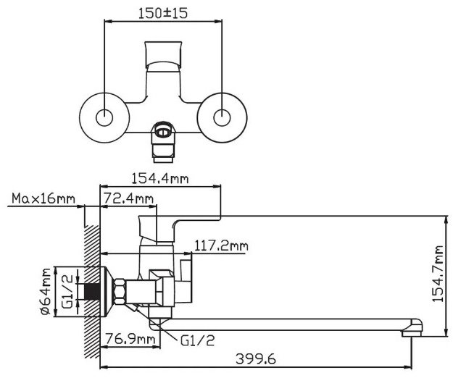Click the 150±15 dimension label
click(x=163, y=13)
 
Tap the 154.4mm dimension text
click(x=159, y=179)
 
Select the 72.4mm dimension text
click(x=128, y=198)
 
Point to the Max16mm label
click(x=43, y=198)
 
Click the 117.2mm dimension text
click(x=221, y=246)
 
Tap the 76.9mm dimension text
click(x=130, y=338)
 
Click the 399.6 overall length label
click(x=256, y=359)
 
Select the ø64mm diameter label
click(x=46, y=291)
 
